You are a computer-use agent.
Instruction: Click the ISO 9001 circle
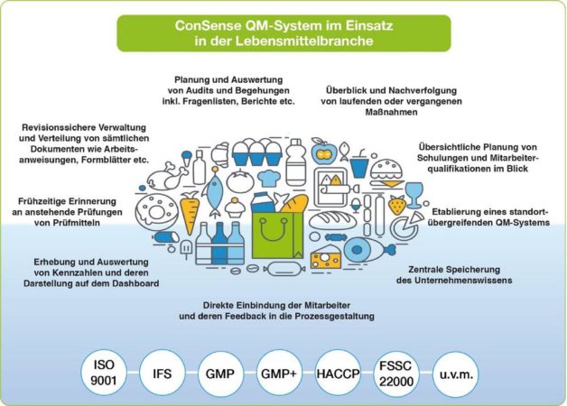point(104,373)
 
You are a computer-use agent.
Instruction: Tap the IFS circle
point(162,373)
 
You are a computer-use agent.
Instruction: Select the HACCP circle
point(338,373)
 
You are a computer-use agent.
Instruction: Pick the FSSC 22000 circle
point(396,373)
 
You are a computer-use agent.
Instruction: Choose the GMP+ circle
point(279,373)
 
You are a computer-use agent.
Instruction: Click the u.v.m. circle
point(456,373)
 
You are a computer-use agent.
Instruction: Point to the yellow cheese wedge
point(326,257)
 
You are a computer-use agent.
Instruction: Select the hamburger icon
point(386,173)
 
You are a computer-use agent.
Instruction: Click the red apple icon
point(323,152)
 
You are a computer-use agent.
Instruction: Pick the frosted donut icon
point(157,212)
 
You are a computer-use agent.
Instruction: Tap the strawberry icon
point(397,205)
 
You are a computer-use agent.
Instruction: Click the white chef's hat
point(269,178)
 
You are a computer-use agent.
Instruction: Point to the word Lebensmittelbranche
point(304,41)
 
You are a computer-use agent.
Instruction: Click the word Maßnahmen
point(391,112)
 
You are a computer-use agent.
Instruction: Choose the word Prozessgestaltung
point(334,317)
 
